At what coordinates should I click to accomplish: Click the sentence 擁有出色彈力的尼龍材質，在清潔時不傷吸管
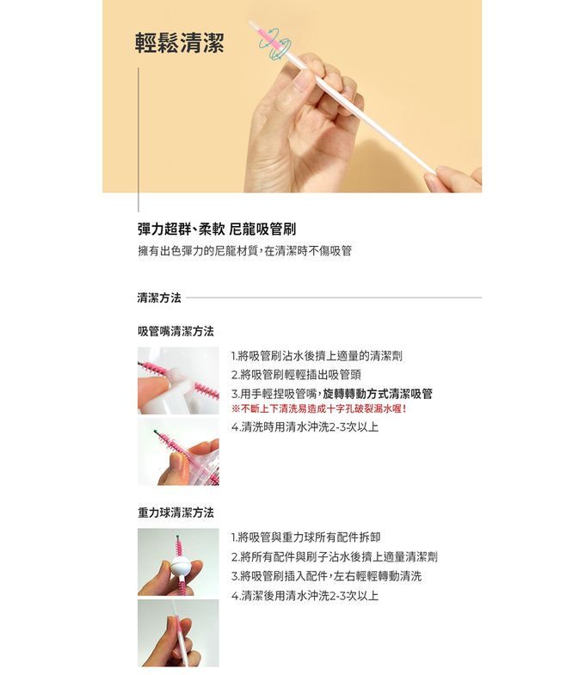[244, 251]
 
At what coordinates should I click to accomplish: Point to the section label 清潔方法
[159, 298]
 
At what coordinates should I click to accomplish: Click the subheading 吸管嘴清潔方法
[175, 331]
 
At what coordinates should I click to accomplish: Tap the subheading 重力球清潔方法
[175, 512]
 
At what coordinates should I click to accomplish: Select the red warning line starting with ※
[318, 408]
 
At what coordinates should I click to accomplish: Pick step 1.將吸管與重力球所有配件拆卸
[305, 537]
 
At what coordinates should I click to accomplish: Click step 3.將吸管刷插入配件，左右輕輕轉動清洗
[326, 575]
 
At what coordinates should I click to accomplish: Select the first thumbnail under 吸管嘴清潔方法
[178, 380]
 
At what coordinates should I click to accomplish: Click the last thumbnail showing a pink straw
[178, 633]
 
